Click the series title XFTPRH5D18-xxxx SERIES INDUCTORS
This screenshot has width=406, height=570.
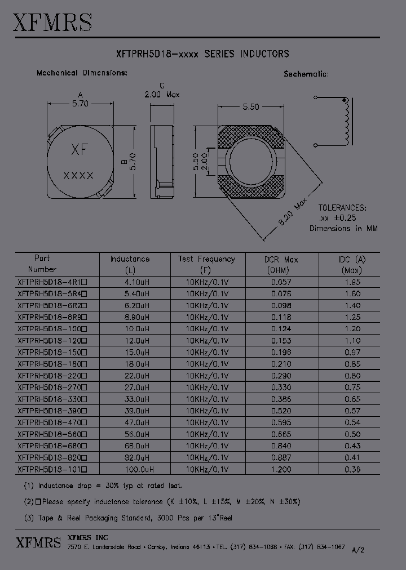tap(202, 54)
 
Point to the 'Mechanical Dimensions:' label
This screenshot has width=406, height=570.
tap(82, 73)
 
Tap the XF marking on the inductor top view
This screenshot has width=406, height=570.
tap(78, 150)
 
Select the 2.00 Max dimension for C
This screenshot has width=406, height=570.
tap(162, 95)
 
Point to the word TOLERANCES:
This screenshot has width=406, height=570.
tap(342, 207)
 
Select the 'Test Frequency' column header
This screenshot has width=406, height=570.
tap(206, 259)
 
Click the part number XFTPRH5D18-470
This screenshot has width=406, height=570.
tap(54, 422)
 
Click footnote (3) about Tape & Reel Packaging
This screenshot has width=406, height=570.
tap(128, 518)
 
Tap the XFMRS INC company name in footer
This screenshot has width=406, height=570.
tap(87, 537)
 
